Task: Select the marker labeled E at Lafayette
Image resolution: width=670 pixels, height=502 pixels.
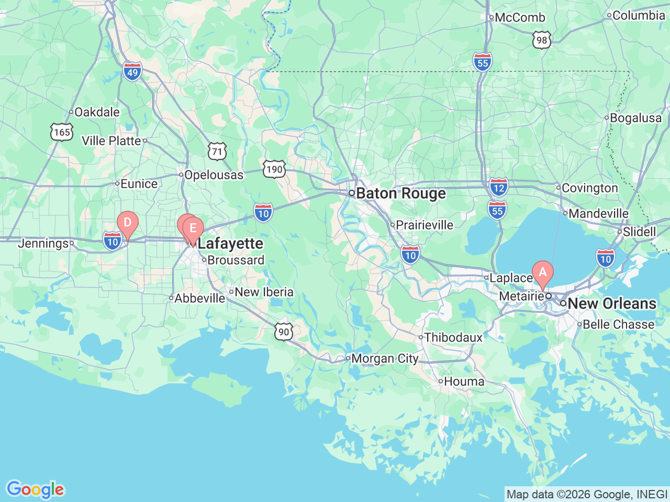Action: (x=193, y=229)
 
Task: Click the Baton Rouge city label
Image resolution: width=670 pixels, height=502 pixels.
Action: (x=401, y=193)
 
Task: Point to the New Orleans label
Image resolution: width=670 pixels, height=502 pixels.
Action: (x=611, y=303)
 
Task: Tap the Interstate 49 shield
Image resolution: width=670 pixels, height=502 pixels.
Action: (x=132, y=72)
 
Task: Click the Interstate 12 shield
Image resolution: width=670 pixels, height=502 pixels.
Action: (x=499, y=187)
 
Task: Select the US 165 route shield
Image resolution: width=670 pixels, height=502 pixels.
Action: (x=62, y=132)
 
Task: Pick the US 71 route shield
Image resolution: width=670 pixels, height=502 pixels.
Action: (x=217, y=152)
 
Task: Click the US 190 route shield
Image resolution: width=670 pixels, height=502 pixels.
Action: (x=274, y=169)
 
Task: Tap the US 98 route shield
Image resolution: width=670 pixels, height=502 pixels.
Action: (x=542, y=40)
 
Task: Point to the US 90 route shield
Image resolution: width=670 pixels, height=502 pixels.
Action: (x=283, y=332)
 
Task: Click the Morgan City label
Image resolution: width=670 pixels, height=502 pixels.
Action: (x=385, y=359)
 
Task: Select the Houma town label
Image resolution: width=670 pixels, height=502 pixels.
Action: (x=464, y=382)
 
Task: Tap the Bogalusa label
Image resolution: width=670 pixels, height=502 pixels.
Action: (x=635, y=118)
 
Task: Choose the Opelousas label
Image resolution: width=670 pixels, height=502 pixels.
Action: (x=214, y=175)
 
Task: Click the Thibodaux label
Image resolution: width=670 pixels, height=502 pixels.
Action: (x=453, y=338)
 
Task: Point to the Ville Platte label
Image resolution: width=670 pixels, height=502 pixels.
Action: (x=111, y=141)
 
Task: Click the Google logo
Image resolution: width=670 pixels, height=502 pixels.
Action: (x=35, y=489)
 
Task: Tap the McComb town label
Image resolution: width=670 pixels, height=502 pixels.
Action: (x=520, y=17)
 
